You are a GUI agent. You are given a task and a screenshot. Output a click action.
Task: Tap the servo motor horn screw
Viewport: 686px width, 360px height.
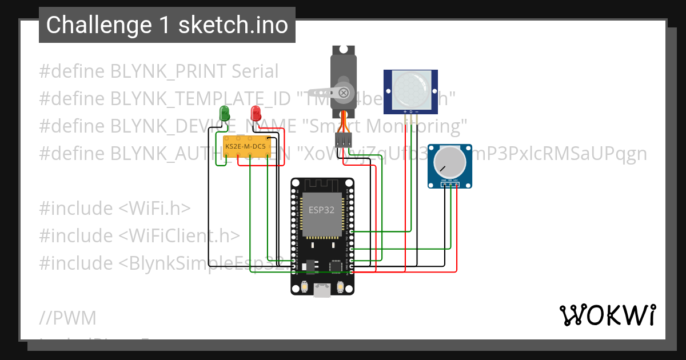343,91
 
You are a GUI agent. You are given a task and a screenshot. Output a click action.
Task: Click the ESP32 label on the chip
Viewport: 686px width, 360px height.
321,210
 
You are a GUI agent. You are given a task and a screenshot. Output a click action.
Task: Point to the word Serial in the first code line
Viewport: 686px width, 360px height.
255,71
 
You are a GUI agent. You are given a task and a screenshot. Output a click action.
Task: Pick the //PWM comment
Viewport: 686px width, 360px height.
67,318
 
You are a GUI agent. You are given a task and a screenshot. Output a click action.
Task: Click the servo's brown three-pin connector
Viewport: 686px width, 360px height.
343,140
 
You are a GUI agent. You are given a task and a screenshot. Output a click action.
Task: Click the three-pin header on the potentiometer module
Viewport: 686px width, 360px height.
450,183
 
